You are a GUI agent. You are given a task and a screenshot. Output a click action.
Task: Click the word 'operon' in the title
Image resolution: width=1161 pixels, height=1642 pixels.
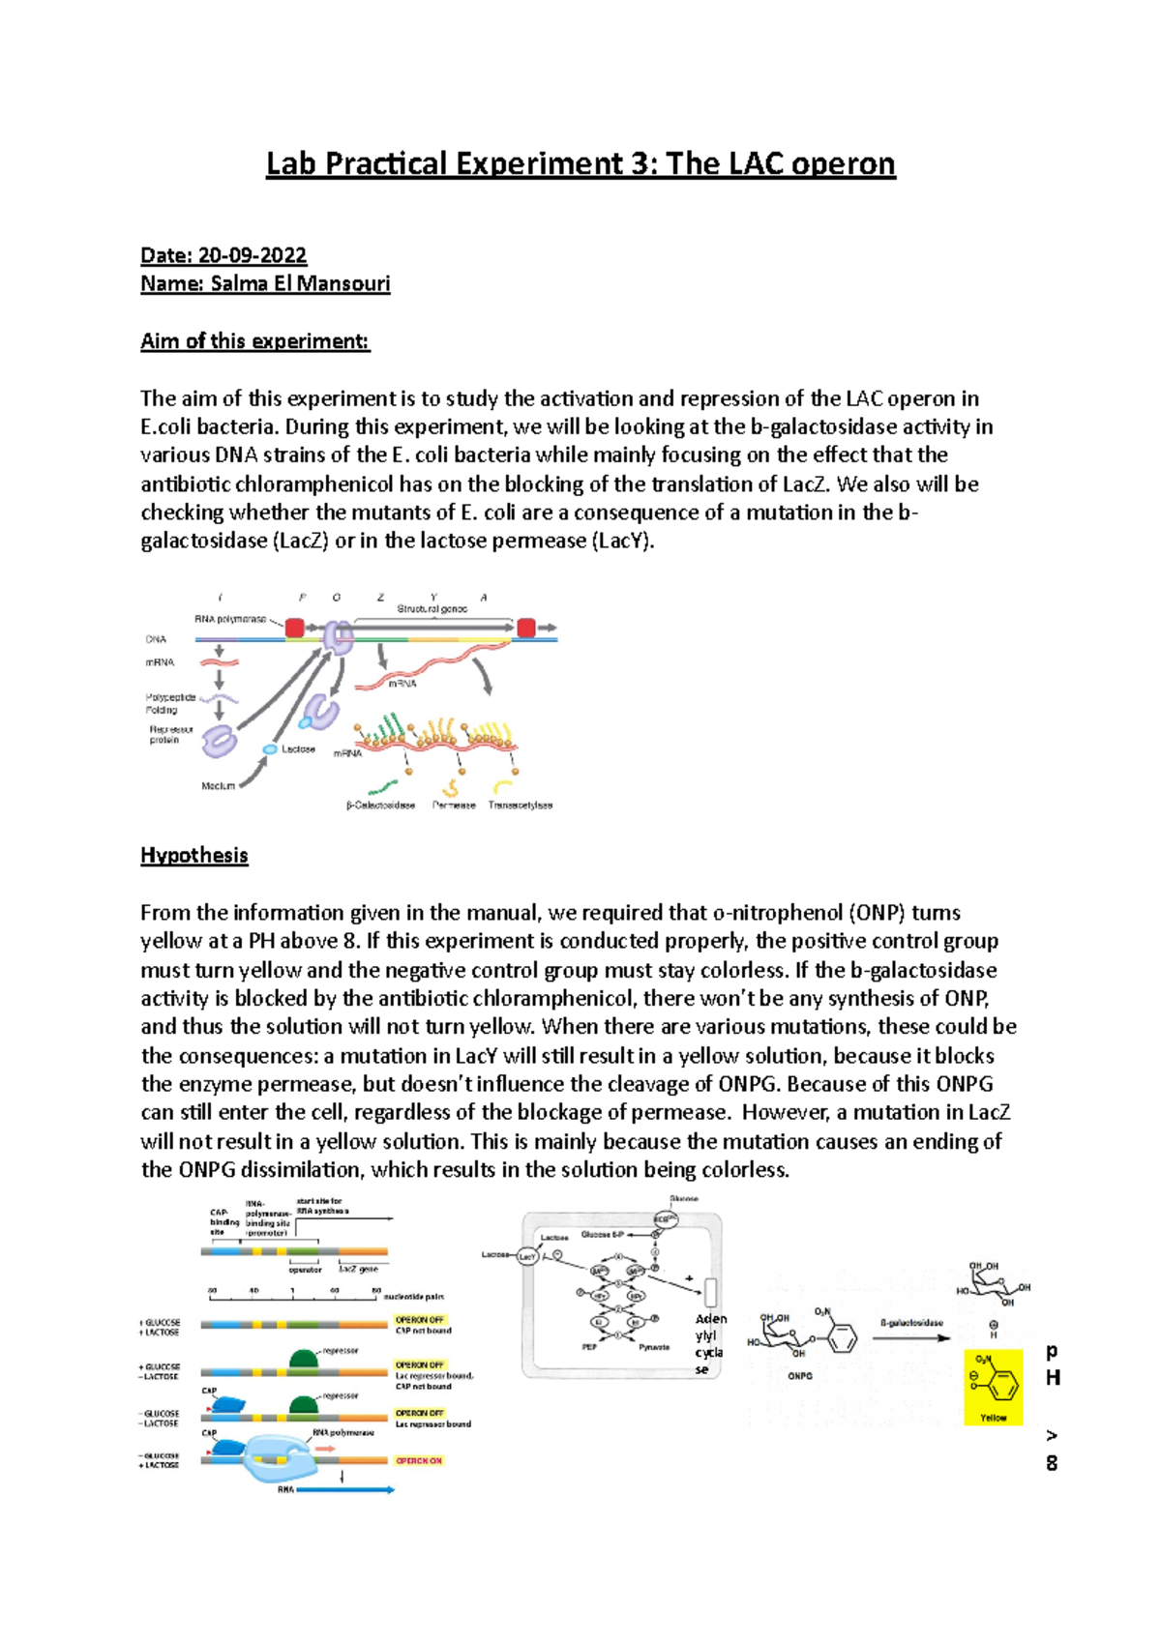pos(843,164)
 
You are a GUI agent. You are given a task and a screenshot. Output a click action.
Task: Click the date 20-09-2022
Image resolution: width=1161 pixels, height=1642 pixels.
pos(253,255)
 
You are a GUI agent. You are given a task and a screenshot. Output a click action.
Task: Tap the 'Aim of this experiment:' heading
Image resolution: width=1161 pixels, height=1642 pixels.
pos(255,341)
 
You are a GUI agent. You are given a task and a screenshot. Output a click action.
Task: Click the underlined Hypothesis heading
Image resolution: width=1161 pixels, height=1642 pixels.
pos(194,856)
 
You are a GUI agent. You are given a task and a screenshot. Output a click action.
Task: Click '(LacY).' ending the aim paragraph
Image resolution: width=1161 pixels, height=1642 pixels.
pos(622,542)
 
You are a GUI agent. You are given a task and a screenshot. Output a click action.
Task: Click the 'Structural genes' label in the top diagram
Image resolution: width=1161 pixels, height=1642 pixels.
pos(432,609)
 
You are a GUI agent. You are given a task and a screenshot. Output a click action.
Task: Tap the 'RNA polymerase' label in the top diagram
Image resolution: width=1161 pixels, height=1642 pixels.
pos(230,619)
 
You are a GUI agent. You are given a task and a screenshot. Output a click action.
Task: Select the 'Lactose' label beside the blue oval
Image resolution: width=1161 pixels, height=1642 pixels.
pos(298,749)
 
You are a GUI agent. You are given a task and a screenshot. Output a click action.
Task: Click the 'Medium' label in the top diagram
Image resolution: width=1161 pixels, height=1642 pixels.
pos(218,786)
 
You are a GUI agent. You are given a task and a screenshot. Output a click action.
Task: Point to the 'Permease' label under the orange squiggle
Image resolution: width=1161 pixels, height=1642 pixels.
pos(454,806)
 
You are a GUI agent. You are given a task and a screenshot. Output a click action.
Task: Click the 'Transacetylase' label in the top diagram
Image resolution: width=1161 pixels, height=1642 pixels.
pos(521,806)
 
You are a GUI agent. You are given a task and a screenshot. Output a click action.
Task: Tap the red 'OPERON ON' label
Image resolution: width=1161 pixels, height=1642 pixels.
pos(419,1461)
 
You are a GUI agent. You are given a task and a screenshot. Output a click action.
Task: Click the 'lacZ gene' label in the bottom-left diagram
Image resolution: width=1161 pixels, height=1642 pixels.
pos(359,1269)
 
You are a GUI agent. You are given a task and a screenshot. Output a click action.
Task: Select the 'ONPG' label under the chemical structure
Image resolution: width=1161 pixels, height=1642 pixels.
pos(800,1375)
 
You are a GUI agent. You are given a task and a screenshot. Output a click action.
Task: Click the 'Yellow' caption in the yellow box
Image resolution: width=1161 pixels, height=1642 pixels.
pos(994,1418)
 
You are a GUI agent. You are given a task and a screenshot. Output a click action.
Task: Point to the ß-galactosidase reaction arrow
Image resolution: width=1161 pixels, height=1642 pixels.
pos(911,1338)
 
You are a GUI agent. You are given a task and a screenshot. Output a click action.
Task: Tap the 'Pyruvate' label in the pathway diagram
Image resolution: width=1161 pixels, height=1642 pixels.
pos(654,1347)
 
